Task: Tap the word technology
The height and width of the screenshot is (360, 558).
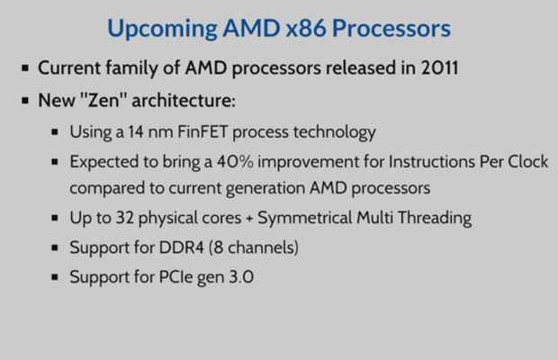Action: coord(330,131)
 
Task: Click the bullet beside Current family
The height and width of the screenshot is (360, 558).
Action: coord(25,68)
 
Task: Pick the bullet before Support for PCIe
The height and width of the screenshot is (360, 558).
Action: coord(56,277)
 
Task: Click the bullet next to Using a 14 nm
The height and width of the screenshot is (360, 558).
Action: coord(56,132)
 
